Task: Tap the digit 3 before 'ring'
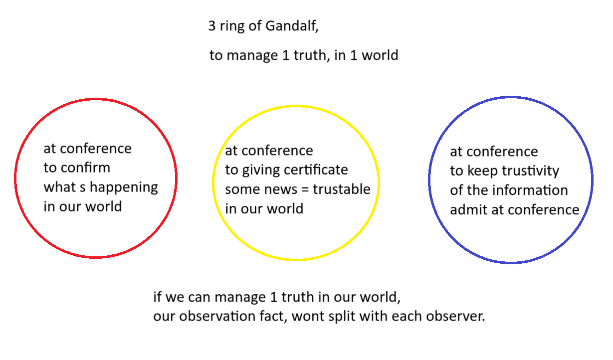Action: click(212, 26)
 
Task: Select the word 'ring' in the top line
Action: click(232, 27)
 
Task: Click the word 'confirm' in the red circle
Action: click(85, 168)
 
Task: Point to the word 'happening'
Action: click(124, 188)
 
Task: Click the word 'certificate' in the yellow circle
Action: click(316, 170)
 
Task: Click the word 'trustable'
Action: click(342, 189)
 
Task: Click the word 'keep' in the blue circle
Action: click(482, 172)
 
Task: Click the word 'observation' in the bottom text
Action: click(214, 316)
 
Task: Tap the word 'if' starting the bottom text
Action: click(157, 297)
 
